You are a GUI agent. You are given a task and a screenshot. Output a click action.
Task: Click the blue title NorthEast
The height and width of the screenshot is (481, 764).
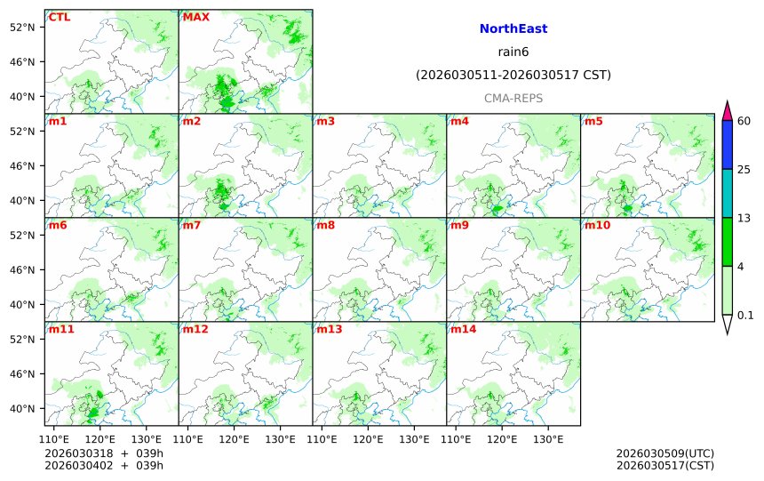(513, 29)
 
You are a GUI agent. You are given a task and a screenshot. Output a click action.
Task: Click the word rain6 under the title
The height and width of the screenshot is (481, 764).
(513, 52)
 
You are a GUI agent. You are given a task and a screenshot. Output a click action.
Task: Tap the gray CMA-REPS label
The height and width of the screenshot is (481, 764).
(513, 99)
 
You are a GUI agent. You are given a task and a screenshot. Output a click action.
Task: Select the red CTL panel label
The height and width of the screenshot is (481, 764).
(60, 17)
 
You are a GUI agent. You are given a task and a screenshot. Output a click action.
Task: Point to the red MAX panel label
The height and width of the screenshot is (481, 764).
(196, 17)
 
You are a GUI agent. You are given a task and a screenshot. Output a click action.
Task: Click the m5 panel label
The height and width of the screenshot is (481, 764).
(593, 121)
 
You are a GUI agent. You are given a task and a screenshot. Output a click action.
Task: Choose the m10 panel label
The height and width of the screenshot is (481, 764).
(597, 225)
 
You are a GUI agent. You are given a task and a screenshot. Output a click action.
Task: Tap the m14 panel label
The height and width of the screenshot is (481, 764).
(463, 329)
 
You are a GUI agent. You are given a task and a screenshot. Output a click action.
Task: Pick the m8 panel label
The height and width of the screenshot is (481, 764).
(325, 225)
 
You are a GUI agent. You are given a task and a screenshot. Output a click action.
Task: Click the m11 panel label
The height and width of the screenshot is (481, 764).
(61, 329)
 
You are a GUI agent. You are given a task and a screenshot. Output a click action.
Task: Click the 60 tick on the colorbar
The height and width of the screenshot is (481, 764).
(744, 121)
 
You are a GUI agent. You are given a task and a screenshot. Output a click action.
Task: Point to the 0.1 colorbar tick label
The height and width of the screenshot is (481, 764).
(746, 315)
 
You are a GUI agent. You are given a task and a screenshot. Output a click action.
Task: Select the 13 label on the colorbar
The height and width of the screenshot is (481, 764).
(744, 218)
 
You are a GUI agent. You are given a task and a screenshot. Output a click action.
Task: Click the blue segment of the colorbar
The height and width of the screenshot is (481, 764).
(727, 145)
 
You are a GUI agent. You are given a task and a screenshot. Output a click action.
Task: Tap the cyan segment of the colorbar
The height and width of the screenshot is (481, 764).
(727, 193)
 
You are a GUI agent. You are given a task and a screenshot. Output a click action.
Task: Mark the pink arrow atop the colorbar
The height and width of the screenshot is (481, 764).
(727, 111)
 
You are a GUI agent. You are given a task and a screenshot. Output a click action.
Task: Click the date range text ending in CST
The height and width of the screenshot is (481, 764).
(513, 76)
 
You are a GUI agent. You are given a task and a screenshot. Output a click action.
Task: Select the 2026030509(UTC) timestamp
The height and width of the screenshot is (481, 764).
(665, 453)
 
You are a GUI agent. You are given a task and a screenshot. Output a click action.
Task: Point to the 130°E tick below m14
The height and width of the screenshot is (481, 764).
(548, 439)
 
